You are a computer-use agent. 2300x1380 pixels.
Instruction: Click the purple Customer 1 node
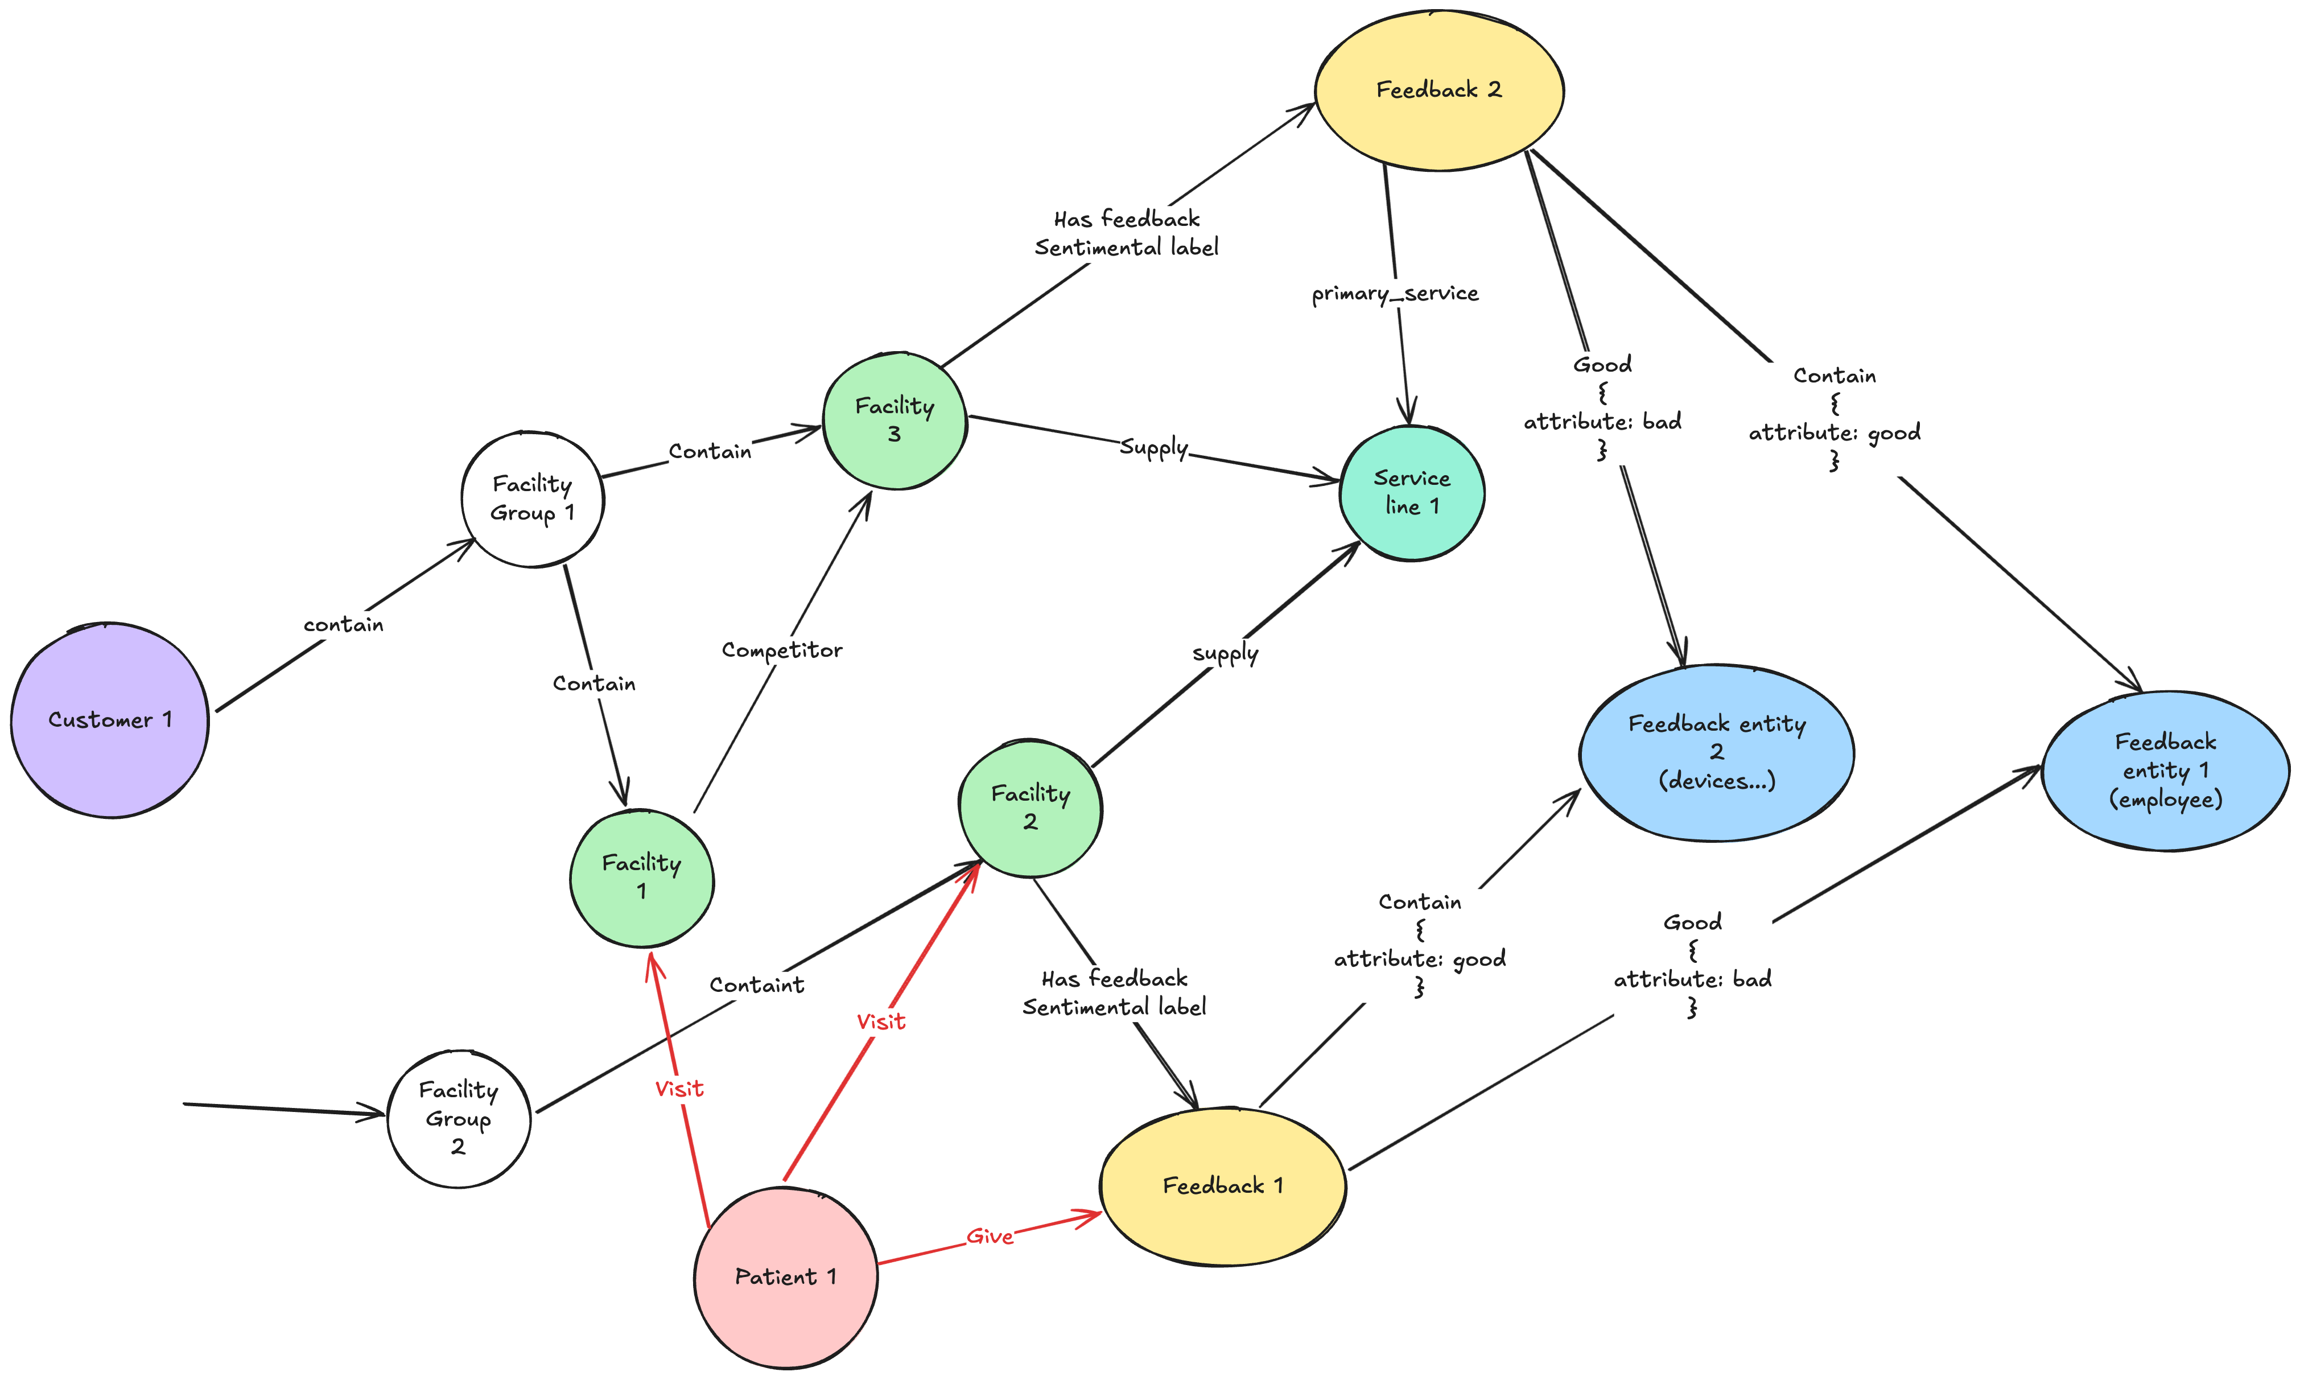(110, 720)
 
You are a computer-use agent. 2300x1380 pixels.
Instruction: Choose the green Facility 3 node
(895, 421)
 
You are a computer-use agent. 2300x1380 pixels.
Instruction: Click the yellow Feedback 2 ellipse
(1438, 90)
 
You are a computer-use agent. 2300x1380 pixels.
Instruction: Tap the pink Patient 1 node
(786, 1277)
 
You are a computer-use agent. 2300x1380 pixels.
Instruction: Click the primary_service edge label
(1395, 294)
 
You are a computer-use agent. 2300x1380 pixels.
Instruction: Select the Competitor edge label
(782, 650)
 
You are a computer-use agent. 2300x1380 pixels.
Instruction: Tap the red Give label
(989, 1237)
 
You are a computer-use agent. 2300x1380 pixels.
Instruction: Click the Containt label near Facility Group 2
(757, 985)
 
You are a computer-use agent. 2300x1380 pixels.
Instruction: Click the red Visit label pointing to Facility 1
(679, 1089)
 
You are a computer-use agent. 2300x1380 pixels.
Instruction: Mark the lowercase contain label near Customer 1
(343, 625)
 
